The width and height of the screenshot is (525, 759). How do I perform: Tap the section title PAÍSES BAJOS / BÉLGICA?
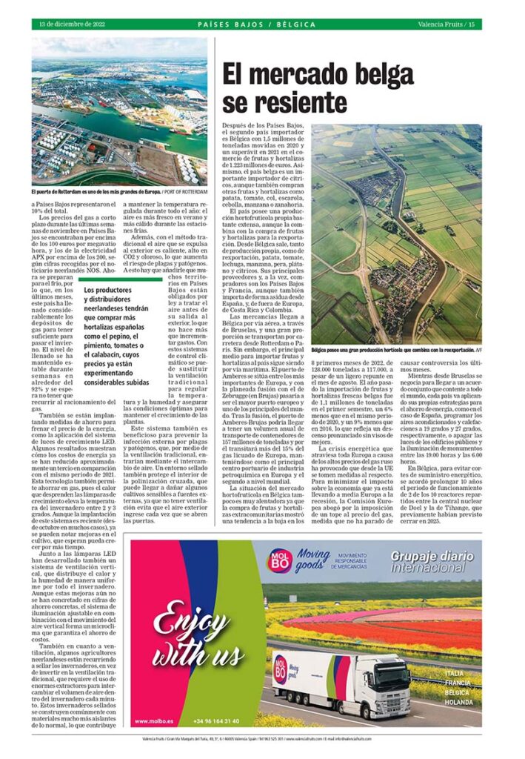click(257, 24)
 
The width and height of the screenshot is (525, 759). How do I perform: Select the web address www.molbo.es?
click(156, 720)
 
